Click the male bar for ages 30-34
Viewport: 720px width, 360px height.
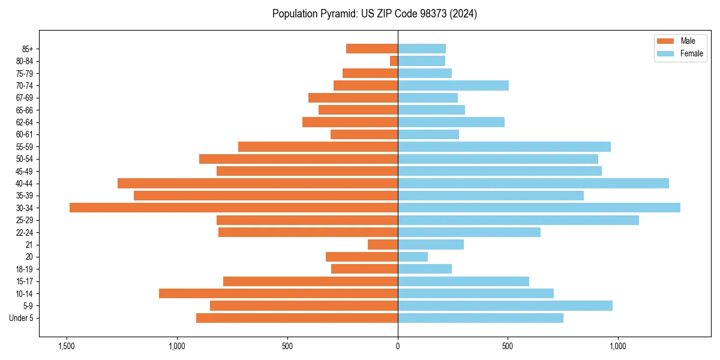[234, 208]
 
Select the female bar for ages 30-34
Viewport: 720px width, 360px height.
[539, 208]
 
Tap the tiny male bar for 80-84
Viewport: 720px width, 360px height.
[394, 61]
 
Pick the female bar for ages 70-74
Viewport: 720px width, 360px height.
[453, 85]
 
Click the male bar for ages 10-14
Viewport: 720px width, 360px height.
[278, 293]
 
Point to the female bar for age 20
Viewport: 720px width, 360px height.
[413, 257]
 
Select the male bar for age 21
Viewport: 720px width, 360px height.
[383, 244]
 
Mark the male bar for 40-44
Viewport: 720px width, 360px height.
[258, 183]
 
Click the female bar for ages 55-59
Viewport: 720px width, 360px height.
[504, 146]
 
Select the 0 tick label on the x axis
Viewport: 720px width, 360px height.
[398, 346]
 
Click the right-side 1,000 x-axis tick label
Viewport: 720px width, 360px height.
[618, 346]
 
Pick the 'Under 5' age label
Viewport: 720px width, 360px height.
[21, 318]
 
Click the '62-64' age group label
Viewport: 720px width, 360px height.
[25, 122]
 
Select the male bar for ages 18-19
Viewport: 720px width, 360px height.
[365, 269]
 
